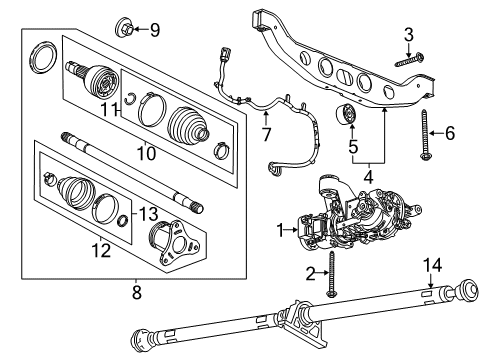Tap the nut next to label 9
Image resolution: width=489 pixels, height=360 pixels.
[127, 26]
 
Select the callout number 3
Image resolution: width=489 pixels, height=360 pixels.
[407, 37]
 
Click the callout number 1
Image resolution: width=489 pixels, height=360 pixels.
[280, 229]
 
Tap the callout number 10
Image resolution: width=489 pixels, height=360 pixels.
[145, 153]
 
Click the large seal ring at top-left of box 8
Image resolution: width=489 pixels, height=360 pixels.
[44, 57]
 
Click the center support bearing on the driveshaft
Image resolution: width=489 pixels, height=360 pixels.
[300, 321]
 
